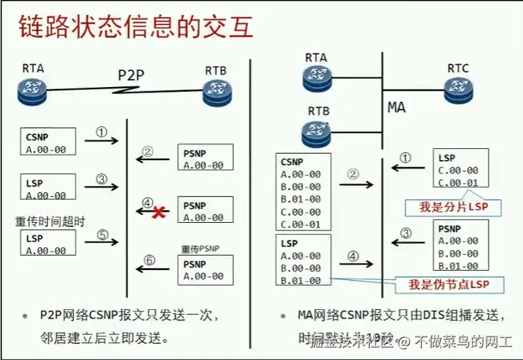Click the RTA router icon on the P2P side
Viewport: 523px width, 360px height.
[x=32, y=89]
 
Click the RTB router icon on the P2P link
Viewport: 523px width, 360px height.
[x=217, y=91]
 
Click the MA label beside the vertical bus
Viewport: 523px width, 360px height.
[x=396, y=108]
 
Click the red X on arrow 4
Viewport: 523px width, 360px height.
[x=159, y=212]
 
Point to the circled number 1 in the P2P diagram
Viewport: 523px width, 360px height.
[x=102, y=132]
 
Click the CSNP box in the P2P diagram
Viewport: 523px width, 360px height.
[x=48, y=141]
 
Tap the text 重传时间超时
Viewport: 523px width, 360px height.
[x=50, y=221]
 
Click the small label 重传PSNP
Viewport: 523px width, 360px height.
[x=201, y=249]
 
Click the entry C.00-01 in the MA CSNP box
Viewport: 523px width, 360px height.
[x=301, y=224]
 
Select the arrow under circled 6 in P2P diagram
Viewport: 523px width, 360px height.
[x=153, y=267]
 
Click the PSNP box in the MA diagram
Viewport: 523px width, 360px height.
[x=458, y=246]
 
